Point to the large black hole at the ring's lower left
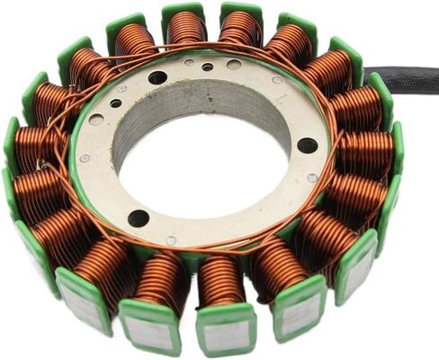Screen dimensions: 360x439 pyautogui.click(x=139, y=217)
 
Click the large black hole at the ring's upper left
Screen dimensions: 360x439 pyautogui.click(x=157, y=78)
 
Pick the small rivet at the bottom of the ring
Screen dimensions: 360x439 pyautogui.click(x=171, y=240)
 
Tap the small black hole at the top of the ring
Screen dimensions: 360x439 pyautogui.click(x=208, y=67)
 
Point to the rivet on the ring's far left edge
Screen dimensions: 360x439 pyautogui.click(x=85, y=158)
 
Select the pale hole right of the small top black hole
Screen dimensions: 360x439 pyautogui.click(x=234, y=65)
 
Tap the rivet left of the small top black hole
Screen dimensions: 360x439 pyautogui.click(x=189, y=62)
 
